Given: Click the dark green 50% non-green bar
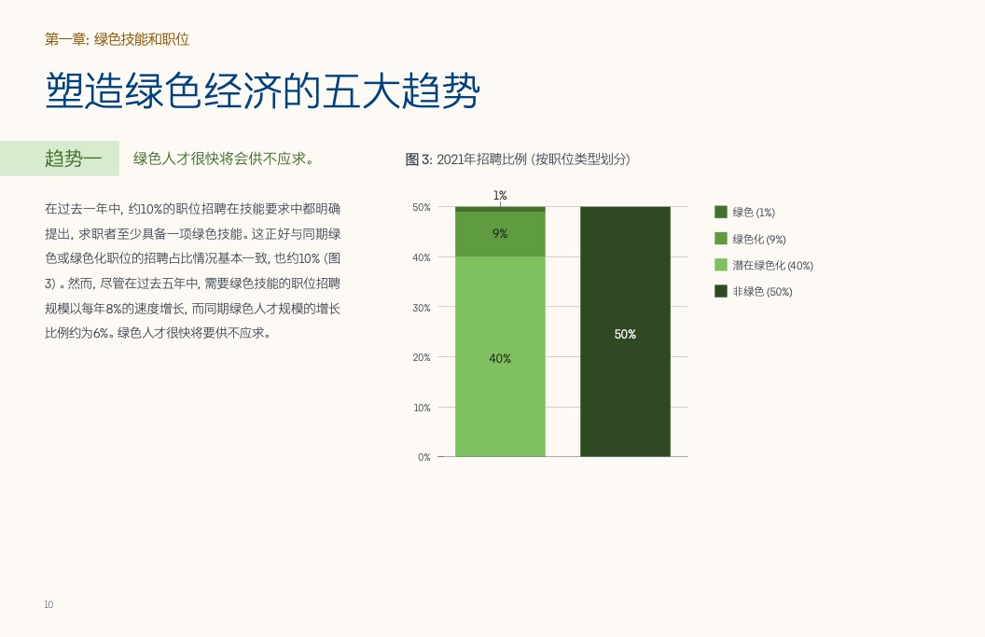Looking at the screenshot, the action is click(x=625, y=331).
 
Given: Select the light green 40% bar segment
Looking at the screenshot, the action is click(x=500, y=356).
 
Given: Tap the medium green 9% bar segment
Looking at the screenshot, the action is click(x=500, y=234).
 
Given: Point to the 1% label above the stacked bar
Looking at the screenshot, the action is click(x=500, y=195).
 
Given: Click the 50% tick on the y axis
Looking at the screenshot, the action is click(x=422, y=207).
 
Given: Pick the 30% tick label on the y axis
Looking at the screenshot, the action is click(x=422, y=308).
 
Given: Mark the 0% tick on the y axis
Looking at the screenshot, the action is click(x=424, y=457).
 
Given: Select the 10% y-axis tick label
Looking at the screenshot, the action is click(x=422, y=408).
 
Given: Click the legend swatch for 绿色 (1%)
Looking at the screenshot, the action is click(x=721, y=212).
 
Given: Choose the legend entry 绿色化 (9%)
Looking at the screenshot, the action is click(x=751, y=239).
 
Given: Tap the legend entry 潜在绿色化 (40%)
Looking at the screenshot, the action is click(x=764, y=265).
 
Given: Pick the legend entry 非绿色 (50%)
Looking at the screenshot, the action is click(x=754, y=292).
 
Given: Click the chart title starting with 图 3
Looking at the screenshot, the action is click(x=518, y=159).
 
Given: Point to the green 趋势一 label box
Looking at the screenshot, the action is click(x=60, y=159).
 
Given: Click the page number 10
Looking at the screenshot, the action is click(x=49, y=604).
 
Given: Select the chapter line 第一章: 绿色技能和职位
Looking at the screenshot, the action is click(x=117, y=39).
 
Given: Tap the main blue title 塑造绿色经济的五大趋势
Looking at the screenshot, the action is click(x=263, y=90).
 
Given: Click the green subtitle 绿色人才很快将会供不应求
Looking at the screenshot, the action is click(x=223, y=159).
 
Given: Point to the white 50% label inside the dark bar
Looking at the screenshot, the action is click(x=625, y=334).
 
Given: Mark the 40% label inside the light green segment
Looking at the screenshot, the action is click(x=500, y=359).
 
